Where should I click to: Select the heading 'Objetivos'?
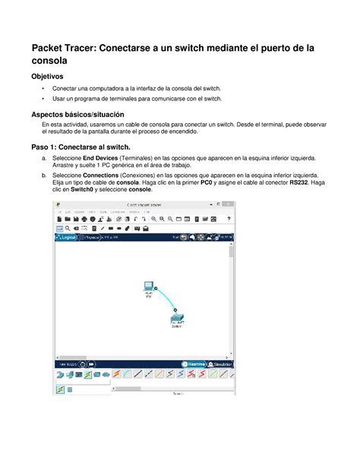51,78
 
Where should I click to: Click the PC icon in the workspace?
149,287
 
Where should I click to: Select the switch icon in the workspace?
176,321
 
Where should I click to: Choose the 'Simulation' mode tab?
221,363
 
